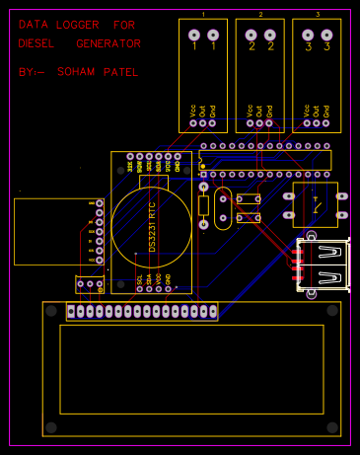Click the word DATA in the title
(x=32, y=23)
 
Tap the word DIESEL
(x=36, y=43)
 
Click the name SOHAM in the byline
(x=76, y=72)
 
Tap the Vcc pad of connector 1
(x=194, y=122)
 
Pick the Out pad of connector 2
(x=260, y=122)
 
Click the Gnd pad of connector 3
(x=326, y=122)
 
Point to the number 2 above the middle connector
(x=260, y=15)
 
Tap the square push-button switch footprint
(x=316, y=204)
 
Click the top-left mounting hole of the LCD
(x=51, y=311)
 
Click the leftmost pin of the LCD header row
(x=73, y=312)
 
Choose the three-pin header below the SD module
(x=90, y=284)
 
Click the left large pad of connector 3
(x=309, y=36)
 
